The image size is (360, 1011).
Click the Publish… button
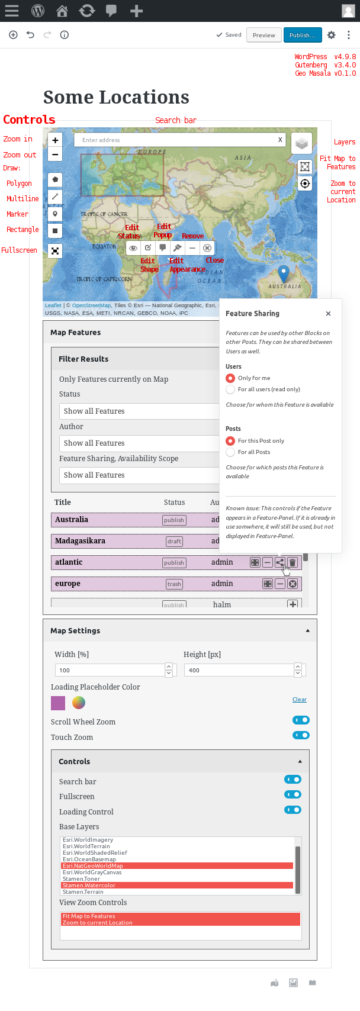(x=303, y=35)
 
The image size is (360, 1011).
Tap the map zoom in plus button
(x=55, y=140)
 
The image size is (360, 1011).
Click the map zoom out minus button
(x=55, y=154)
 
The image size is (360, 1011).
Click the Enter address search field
(x=178, y=140)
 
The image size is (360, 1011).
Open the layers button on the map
(x=301, y=143)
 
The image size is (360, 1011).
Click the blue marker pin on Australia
(x=284, y=273)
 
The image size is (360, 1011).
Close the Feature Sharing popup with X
(x=329, y=314)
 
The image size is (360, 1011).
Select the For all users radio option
(x=230, y=389)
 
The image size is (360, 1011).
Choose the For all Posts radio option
(x=230, y=452)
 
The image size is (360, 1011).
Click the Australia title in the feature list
(x=72, y=520)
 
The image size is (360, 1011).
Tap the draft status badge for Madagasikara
(x=174, y=542)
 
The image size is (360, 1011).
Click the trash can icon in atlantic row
(x=292, y=562)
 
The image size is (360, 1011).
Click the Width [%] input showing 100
(x=110, y=670)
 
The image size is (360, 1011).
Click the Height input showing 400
(x=239, y=670)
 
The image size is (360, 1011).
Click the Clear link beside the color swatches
(x=299, y=700)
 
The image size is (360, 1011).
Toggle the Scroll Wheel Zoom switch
(x=301, y=720)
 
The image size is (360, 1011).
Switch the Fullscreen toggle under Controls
(x=292, y=795)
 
